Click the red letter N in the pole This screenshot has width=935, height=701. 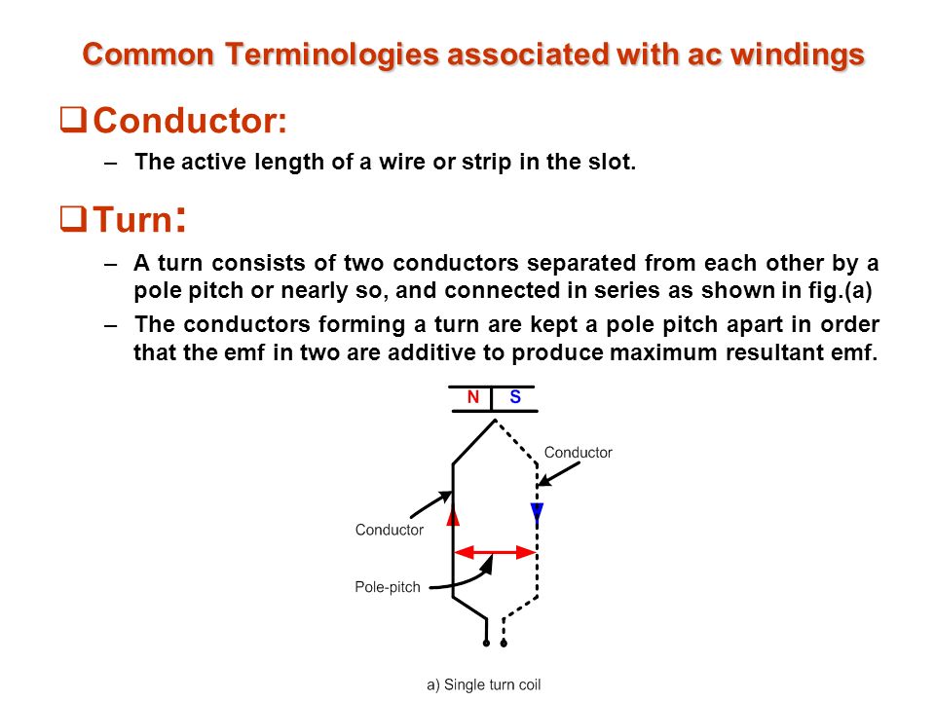point(473,397)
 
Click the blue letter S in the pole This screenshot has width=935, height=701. point(515,397)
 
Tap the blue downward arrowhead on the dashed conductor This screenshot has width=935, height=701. point(537,512)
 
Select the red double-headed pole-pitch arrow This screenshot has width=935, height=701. point(495,553)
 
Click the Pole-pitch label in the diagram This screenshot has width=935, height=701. point(388,587)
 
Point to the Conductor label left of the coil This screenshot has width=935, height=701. point(390,530)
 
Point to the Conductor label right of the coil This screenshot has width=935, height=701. point(578,453)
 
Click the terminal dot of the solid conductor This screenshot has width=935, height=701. point(487,644)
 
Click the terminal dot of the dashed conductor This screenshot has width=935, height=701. point(504,644)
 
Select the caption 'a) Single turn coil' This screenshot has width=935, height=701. point(484,684)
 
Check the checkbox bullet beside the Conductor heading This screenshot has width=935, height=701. point(73,119)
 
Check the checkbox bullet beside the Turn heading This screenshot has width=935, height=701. point(73,218)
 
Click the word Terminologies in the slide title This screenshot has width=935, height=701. point(331,55)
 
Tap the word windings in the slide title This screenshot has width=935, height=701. point(798,55)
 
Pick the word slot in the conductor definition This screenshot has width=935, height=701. point(612,162)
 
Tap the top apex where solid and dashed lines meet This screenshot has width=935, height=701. point(495,421)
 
